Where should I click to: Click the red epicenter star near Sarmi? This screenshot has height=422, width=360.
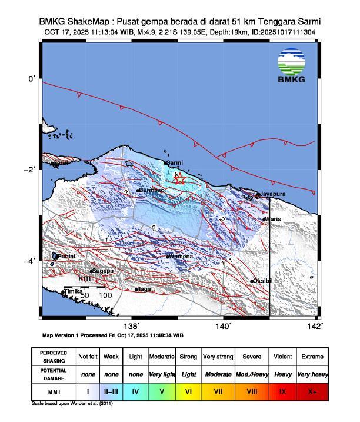coord(180,180)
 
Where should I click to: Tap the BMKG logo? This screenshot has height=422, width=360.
coord(291,67)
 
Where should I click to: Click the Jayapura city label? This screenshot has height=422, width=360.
coord(274,194)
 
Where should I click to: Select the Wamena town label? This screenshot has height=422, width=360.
coord(182,256)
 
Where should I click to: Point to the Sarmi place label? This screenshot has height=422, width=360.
coord(175,162)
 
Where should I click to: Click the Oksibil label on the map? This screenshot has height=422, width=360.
coord(264,281)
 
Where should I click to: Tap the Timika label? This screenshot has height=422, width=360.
coord(74,291)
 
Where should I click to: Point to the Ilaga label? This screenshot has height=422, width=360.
coord(145,289)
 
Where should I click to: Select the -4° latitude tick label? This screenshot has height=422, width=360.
coord(32,261)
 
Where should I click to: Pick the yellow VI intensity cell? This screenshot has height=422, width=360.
coord(188,390)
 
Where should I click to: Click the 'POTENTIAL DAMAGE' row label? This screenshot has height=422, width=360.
coord(54,374)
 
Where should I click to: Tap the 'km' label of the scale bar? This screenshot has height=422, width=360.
coord(84,277)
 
